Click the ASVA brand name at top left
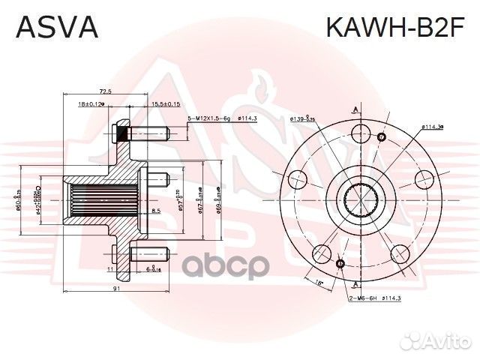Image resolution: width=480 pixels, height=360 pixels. pos(57,28)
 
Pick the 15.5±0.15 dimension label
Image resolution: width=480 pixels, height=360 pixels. pos(165,103)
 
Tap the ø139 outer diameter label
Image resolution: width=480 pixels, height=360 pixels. pos(301,118)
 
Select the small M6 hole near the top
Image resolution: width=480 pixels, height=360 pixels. pos(382,137)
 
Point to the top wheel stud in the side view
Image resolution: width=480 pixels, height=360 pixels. pos(142,135)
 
